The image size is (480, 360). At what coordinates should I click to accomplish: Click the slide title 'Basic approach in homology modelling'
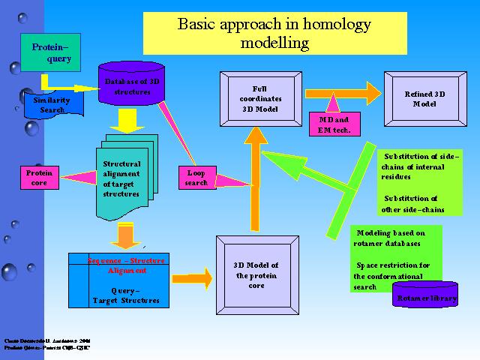[274, 33]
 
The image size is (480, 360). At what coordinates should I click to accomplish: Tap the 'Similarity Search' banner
[52, 104]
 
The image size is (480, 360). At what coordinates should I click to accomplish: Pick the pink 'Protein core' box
[39, 178]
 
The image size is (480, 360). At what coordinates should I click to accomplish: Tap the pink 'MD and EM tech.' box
[334, 124]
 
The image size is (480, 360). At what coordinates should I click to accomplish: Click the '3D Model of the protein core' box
[256, 275]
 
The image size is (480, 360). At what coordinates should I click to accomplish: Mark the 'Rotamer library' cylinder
[425, 298]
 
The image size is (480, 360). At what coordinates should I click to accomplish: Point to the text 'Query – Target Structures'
[117, 295]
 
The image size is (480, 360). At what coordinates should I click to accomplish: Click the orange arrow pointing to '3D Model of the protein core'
[193, 274]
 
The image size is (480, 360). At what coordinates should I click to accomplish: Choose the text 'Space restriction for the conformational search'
[390, 276]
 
